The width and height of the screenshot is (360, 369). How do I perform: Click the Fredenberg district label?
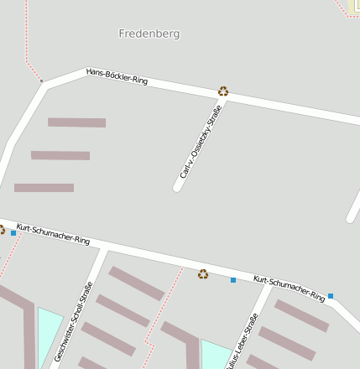[x=149, y=34]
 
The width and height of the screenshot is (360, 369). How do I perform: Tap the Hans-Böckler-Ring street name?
[x=117, y=76]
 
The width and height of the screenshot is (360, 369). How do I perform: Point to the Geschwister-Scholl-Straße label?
[x=73, y=323]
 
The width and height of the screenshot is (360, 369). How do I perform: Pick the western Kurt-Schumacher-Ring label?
[x=53, y=234]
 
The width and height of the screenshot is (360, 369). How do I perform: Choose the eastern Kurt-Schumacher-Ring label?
[x=289, y=288]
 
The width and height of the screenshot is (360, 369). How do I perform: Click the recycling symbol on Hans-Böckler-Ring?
[x=223, y=91]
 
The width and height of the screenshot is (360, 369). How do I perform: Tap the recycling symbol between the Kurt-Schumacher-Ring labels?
[x=203, y=273]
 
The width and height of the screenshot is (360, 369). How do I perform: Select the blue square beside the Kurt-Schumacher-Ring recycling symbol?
[x=233, y=279]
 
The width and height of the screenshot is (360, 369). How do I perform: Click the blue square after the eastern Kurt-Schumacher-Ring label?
[x=331, y=296]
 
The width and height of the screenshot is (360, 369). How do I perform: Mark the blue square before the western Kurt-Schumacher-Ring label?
[x=13, y=233]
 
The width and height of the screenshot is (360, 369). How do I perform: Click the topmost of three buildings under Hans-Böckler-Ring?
[x=76, y=122]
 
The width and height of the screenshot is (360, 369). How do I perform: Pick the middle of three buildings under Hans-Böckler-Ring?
[x=60, y=155]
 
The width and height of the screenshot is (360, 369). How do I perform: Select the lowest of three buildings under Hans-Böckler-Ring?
[x=44, y=188]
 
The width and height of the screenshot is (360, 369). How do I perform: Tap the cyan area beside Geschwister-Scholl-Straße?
[x=49, y=331]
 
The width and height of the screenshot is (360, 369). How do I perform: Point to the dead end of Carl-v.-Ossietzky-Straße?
[x=178, y=187]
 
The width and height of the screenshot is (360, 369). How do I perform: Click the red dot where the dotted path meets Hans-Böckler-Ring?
[x=41, y=81]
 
